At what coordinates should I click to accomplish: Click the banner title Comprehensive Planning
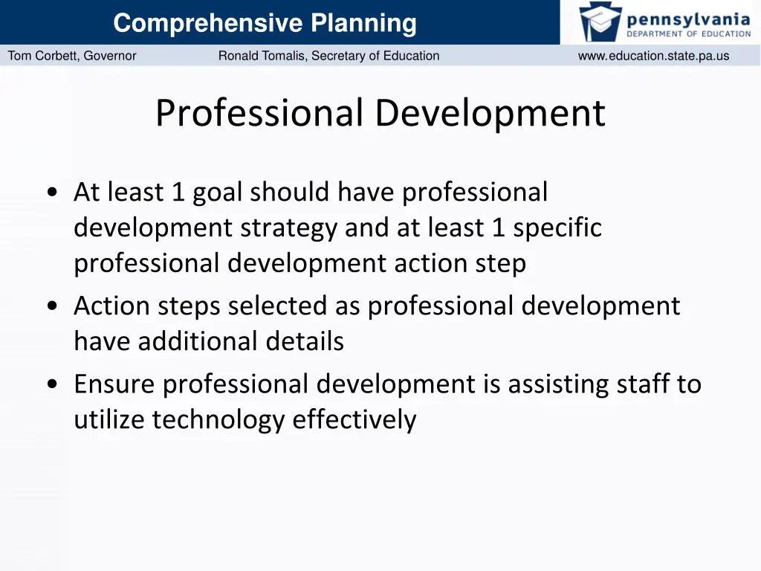(x=265, y=23)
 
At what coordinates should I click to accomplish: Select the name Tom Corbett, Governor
(x=72, y=56)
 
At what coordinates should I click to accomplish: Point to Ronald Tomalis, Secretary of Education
(x=328, y=56)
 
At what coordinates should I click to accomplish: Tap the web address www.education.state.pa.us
(x=653, y=56)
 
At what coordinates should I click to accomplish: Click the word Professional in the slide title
(x=259, y=114)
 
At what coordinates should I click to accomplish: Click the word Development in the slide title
(x=490, y=114)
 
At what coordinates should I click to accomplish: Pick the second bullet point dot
(x=52, y=306)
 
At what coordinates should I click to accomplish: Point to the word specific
(x=557, y=228)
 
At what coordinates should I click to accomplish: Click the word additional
(x=197, y=341)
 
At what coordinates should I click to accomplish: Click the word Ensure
(x=115, y=384)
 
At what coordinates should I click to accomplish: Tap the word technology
(x=218, y=420)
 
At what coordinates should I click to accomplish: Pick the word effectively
(x=354, y=420)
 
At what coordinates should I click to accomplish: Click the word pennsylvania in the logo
(x=689, y=17)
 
